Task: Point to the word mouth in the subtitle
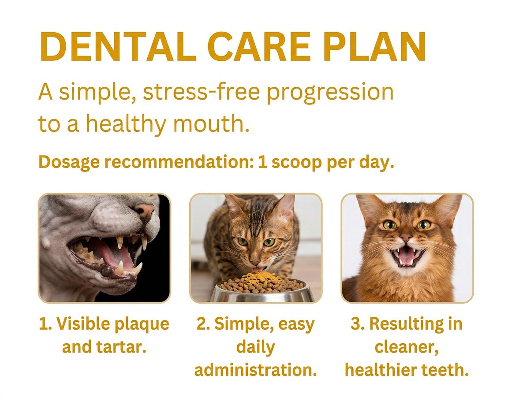click(x=211, y=124)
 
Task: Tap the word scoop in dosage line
click(x=294, y=163)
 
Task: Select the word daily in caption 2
click(x=255, y=347)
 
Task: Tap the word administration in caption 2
click(x=255, y=370)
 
